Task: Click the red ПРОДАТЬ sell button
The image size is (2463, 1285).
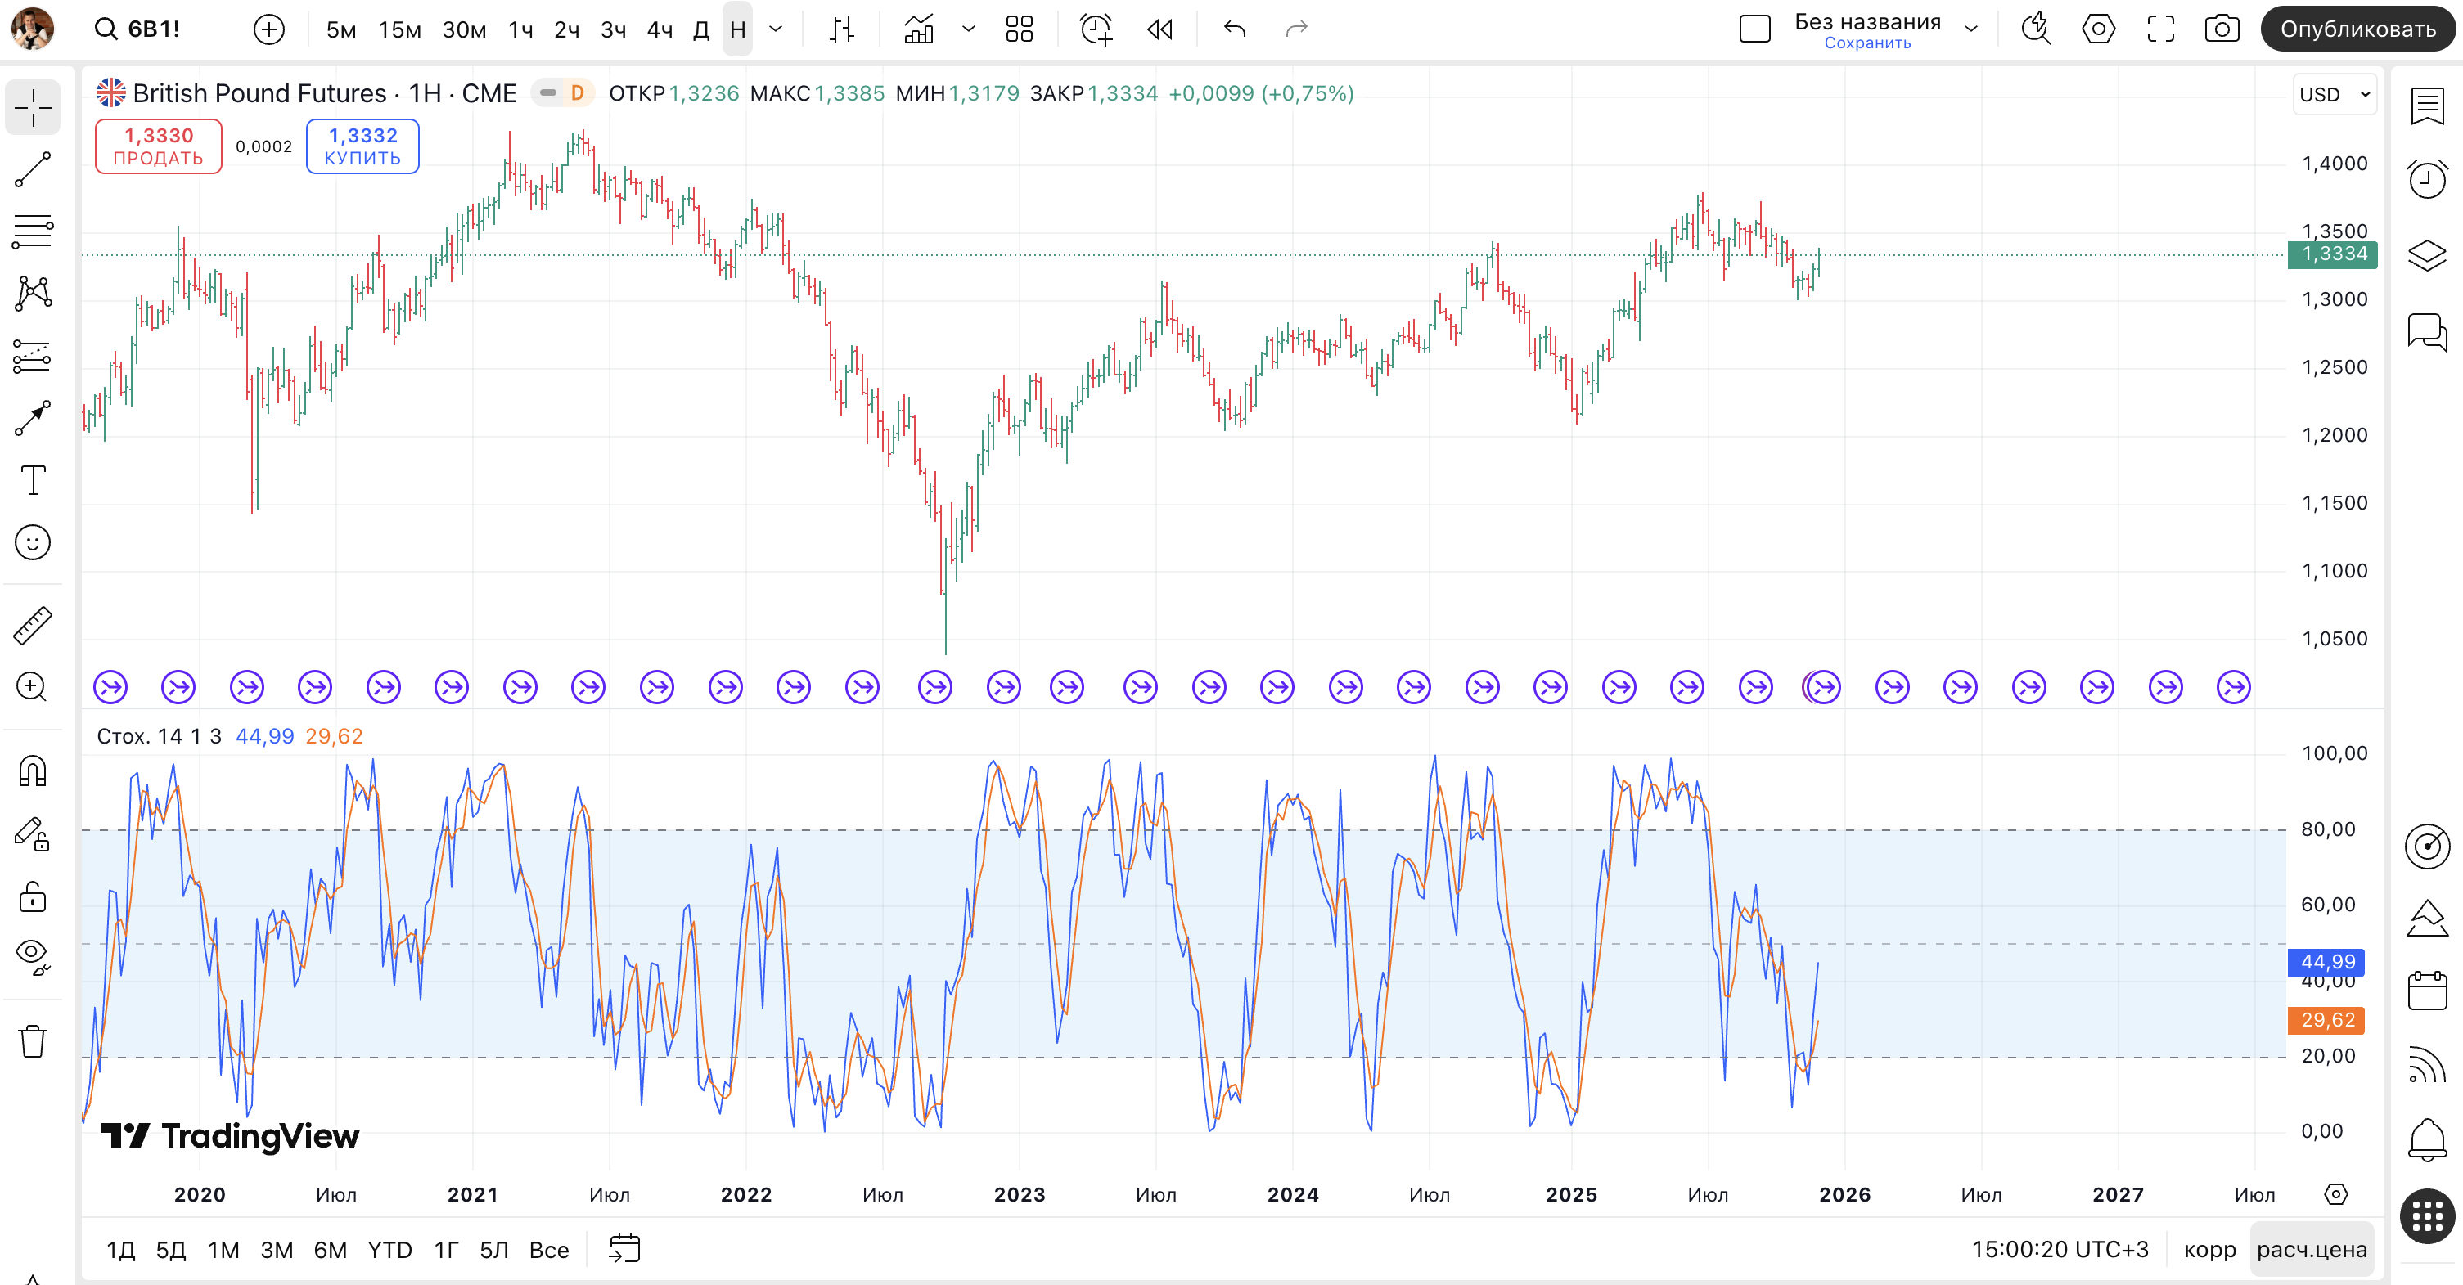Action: [158, 146]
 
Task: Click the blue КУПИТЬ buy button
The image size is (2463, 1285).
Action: [362, 146]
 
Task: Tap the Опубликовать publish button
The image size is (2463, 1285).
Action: [2357, 29]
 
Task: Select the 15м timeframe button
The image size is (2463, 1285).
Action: [398, 29]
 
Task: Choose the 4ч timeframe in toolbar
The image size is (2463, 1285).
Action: [659, 29]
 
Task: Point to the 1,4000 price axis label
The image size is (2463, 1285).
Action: [2334, 164]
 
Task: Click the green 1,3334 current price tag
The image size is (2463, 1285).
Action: [2333, 254]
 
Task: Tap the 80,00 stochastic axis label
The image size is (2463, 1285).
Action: [2327, 829]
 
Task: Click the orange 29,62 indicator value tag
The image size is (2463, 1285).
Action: [2326, 1020]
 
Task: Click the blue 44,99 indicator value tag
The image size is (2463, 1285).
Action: [2326, 961]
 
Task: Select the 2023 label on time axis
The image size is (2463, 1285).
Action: [1020, 1194]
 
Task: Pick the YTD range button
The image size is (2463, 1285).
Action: [389, 1250]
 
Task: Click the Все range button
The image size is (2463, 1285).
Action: [549, 1250]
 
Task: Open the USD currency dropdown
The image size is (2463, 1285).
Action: [2334, 94]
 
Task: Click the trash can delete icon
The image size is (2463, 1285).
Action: [33, 1040]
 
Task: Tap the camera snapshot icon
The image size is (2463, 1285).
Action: [2221, 29]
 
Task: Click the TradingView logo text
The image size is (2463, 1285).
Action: [232, 1136]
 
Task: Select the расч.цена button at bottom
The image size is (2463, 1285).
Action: [2311, 1250]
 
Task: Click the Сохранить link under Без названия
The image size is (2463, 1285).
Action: [1866, 43]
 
